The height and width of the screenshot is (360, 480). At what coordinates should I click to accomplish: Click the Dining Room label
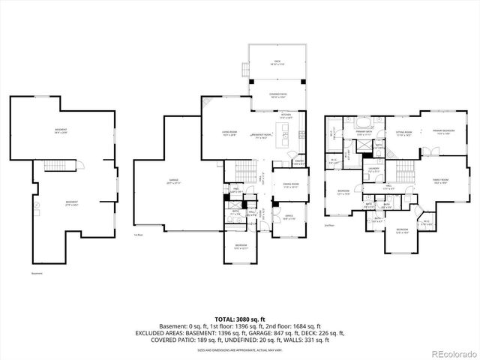pyautogui.click(x=291, y=187)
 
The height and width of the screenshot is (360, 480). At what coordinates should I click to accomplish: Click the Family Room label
pyautogui.click(x=440, y=181)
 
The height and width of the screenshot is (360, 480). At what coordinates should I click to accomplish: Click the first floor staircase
pyautogui.click(x=239, y=172)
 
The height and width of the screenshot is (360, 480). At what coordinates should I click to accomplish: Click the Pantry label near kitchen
pyautogui.click(x=298, y=163)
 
